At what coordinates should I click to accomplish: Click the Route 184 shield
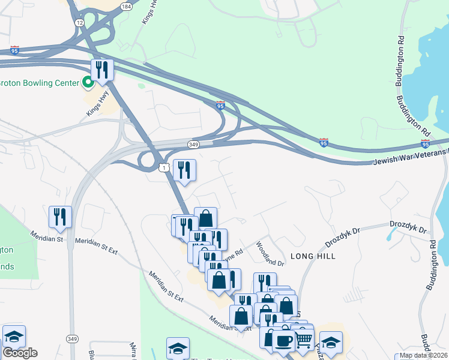point(125,6)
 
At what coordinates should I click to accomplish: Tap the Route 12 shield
point(79,22)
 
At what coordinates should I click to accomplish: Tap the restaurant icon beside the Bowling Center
point(102,70)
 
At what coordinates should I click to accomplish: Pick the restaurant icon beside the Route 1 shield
point(184,170)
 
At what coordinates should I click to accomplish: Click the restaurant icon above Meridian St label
point(60,217)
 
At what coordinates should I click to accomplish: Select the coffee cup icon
point(283,341)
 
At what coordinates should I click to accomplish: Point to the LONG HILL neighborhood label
point(313,256)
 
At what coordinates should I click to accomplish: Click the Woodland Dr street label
point(270,254)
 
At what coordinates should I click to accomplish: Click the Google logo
point(20,353)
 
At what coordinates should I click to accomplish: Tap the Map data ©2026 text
point(423,355)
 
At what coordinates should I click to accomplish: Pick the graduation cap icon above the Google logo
point(14,337)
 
